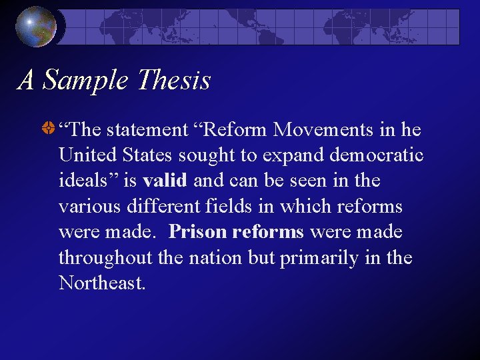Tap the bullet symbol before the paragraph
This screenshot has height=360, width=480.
coord(48,129)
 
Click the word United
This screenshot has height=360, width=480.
coord(87,155)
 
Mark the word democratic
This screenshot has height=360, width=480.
coord(377,155)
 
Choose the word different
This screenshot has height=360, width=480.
coord(151,206)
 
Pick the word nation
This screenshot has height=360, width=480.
coord(216,258)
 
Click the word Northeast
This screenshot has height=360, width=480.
coord(101,283)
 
